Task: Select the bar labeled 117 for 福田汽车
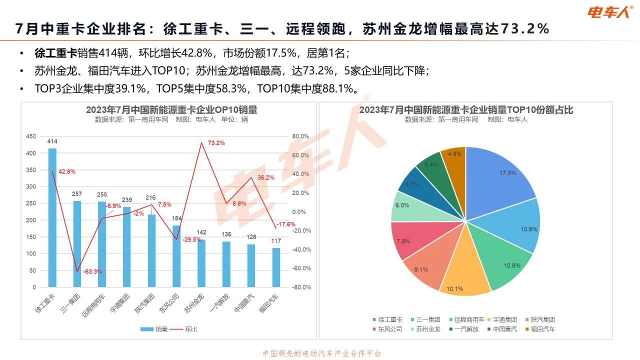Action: click(x=276, y=267)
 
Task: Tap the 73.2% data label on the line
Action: click(x=216, y=143)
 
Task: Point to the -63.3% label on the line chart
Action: click(x=92, y=272)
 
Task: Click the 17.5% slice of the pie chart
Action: click(x=500, y=180)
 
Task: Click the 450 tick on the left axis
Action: click(x=31, y=136)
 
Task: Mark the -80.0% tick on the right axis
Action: click(x=301, y=287)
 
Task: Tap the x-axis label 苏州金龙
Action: click(x=194, y=303)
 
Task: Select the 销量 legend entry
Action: click(x=154, y=329)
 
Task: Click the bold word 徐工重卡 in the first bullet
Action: click(x=55, y=53)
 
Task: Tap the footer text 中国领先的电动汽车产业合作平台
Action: click(x=322, y=353)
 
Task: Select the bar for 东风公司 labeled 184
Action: click(x=176, y=256)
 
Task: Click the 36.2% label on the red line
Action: click(x=266, y=177)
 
